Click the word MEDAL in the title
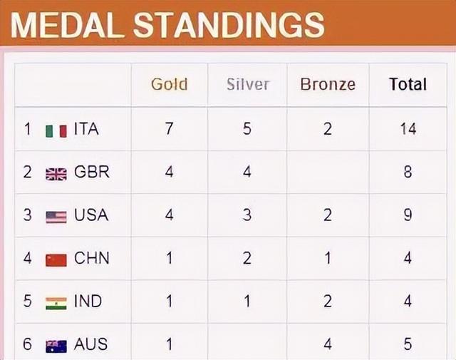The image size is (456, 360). tap(68, 25)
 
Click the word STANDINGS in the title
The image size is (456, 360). tap(229, 25)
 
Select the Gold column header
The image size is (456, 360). tap(170, 84)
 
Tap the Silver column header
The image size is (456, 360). tap(248, 84)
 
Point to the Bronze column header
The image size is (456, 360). tap(328, 84)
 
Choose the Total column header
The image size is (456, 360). tap(408, 84)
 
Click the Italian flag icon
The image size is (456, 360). tap(56, 131)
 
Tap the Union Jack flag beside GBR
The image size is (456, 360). tap(56, 175)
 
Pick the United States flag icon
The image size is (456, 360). tap(56, 217)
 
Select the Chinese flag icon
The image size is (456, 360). tap(56, 260)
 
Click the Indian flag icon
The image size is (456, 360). tap(56, 303)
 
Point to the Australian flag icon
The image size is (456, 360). tap(56, 346)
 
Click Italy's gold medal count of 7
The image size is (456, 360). tap(170, 128)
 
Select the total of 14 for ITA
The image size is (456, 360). tap(408, 128)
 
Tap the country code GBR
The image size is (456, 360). tap(92, 172)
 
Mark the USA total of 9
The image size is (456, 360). tap(408, 215)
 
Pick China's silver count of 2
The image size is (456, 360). tap(247, 258)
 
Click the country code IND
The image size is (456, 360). tap(88, 301)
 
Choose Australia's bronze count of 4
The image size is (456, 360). tap(328, 344)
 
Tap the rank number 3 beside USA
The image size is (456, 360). tap(27, 215)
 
